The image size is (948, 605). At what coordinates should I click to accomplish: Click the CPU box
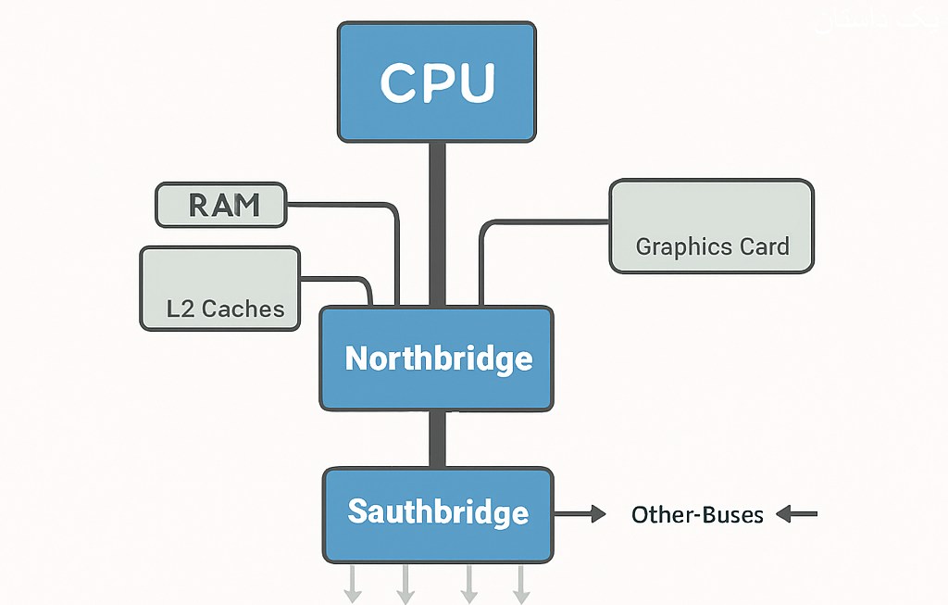tap(436, 82)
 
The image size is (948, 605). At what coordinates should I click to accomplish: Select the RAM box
tap(222, 205)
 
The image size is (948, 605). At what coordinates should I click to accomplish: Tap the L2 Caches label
tap(225, 309)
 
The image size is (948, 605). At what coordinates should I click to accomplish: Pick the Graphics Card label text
tap(712, 247)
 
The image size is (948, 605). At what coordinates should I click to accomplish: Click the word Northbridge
tap(438, 359)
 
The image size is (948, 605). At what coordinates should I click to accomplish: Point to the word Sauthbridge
tap(438, 512)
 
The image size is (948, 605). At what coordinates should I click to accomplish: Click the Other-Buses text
tap(697, 514)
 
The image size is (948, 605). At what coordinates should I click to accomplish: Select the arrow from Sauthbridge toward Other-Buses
tap(580, 512)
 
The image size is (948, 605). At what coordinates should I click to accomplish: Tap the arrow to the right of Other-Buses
tap(797, 513)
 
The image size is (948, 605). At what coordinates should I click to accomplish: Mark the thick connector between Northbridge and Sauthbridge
tap(437, 439)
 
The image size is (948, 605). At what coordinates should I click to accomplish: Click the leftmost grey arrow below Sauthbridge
tap(353, 583)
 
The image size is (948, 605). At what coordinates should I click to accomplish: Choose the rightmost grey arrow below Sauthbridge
tap(521, 583)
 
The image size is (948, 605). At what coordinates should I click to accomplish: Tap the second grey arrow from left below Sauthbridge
tap(405, 583)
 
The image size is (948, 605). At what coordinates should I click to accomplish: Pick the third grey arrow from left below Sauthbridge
tap(469, 583)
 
